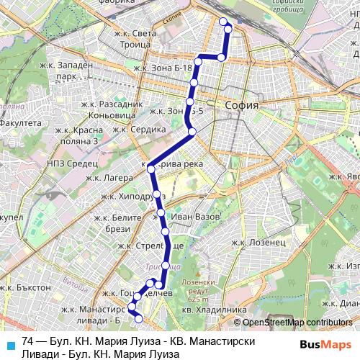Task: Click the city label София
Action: (242, 105)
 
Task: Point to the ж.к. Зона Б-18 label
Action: (163, 68)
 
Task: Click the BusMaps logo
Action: (325, 345)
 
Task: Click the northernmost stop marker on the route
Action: (223, 22)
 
